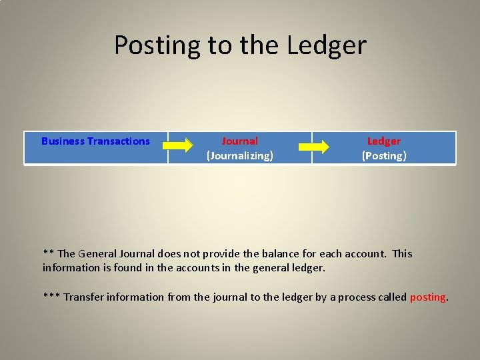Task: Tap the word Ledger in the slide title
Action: point(327,45)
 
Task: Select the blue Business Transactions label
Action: point(95,141)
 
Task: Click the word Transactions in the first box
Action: point(119,141)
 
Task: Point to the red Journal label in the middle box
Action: point(239,141)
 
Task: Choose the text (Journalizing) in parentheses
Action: point(239,156)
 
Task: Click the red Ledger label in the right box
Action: point(384,141)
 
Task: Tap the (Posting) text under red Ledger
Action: point(384,156)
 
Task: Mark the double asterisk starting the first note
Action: point(48,253)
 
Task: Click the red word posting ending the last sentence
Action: point(427,297)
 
